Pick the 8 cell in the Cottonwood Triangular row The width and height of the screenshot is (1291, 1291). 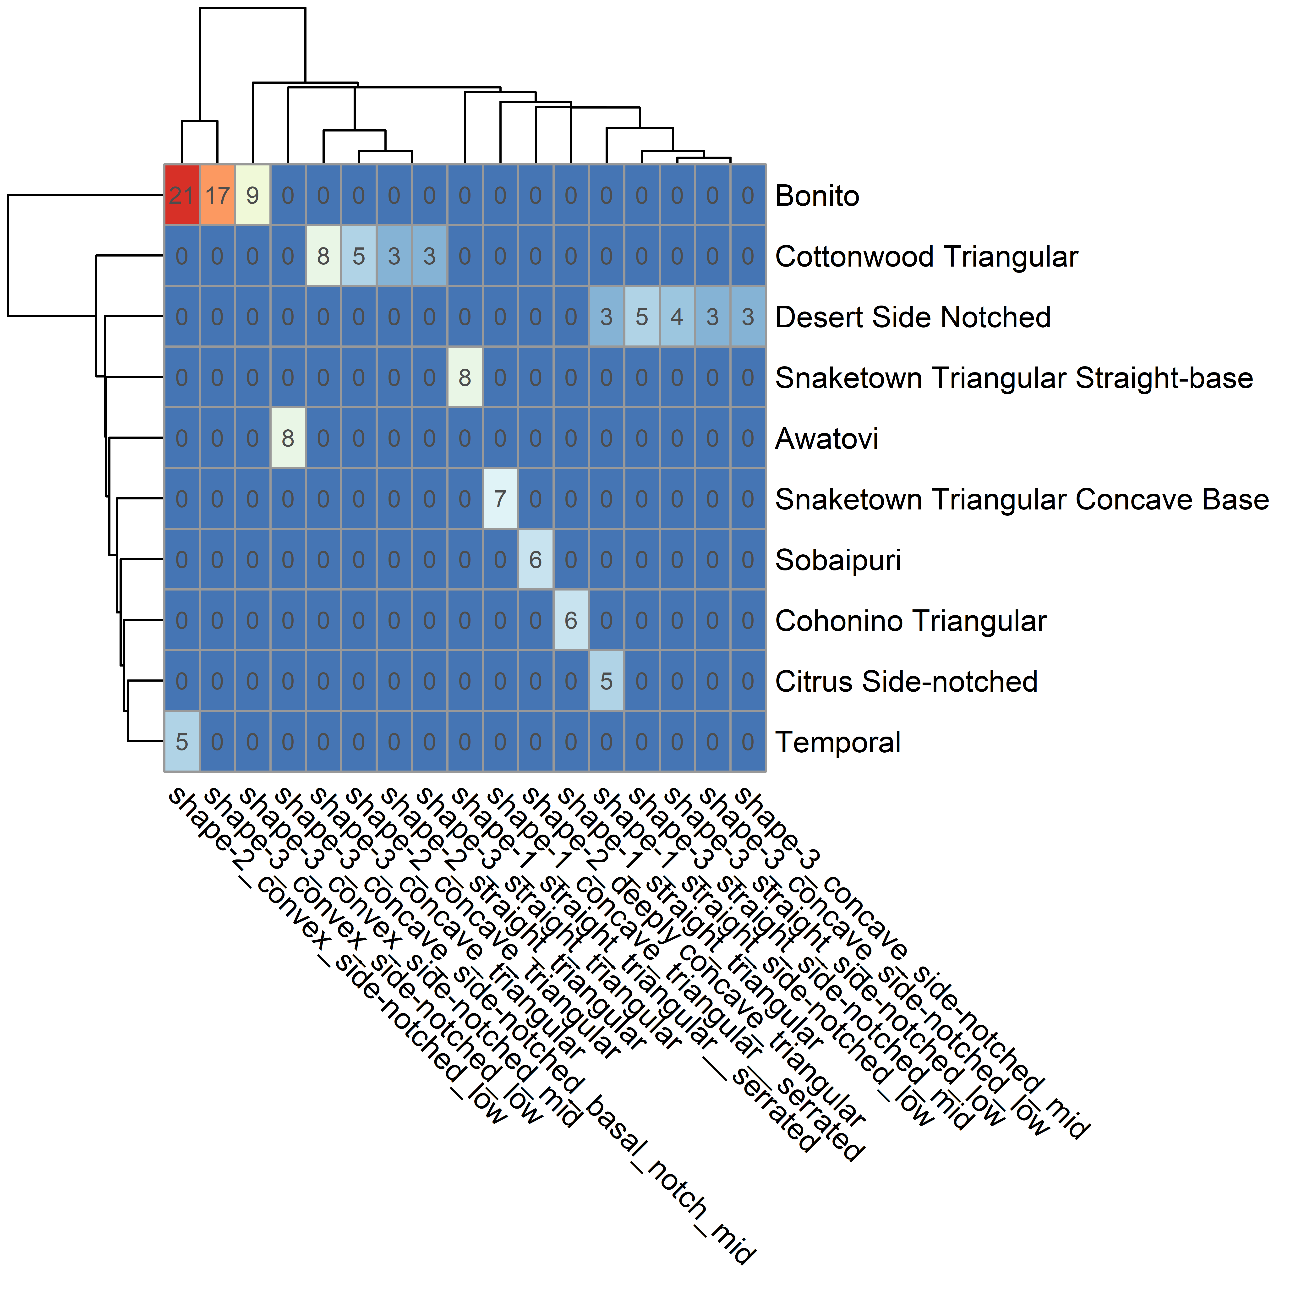tap(323, 257)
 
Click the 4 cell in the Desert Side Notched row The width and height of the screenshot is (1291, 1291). tap(677, 317)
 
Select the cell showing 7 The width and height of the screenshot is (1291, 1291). tap(500, 499)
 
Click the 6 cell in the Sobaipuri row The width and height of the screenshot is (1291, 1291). tap(535, 560)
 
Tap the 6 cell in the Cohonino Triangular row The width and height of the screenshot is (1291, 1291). tap(571, 621)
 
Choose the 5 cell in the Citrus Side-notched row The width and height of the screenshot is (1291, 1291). tap(606, 682)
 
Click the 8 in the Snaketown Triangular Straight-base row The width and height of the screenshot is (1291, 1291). tap(465, 377)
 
